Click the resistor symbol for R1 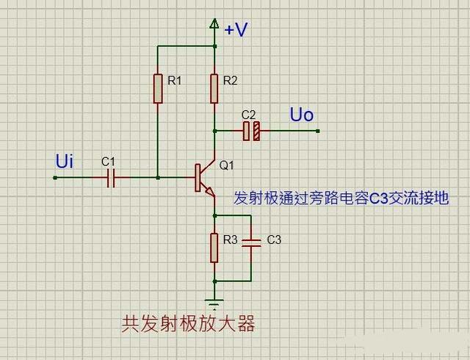coord(157,88)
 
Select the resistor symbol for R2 coord(214,88)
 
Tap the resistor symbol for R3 coord(214,248)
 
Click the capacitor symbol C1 coord(111,177)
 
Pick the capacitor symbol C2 coord(252,131)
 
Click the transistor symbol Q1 coord(204,177)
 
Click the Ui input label coord(65,161)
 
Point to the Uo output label coord(301,115)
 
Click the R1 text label coord(174,81)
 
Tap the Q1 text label coord(226,165)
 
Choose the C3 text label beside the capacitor coord(274,240)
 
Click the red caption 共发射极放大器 coord(188,324)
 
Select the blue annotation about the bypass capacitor coord(341,198)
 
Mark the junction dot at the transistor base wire coord(157,177)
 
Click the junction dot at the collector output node coord(214,131)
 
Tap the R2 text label coord(231,81)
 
